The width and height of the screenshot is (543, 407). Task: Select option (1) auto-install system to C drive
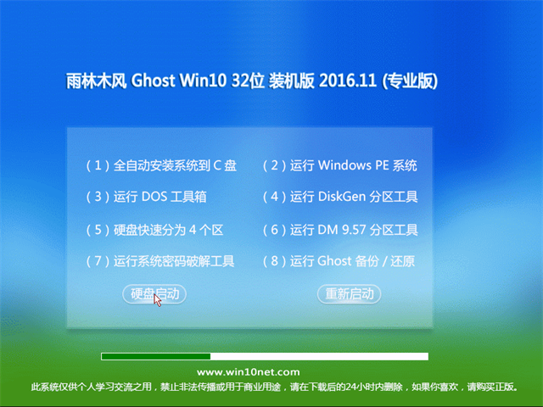[x=161, y=165]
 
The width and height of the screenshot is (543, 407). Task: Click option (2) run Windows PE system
[x=339, y=165]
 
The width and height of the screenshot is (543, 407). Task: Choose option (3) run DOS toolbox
[x=146, y=197]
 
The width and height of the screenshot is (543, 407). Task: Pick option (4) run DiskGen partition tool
[x=339, y=197]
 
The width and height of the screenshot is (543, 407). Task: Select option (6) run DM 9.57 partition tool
[x=339, y=230]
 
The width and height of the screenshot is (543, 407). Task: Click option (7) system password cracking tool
[x=160, y=261]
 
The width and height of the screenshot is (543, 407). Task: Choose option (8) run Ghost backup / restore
[x=339, y=261]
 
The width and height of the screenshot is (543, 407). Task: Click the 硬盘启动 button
[x=154, y=293]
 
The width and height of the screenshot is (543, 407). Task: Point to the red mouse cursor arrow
[x=158, y=299]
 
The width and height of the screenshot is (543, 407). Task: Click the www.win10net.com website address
[x=248, y=372]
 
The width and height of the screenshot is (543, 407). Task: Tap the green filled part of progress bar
[x=155, y=356]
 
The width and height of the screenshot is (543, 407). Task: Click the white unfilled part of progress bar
[x=319, y=356]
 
